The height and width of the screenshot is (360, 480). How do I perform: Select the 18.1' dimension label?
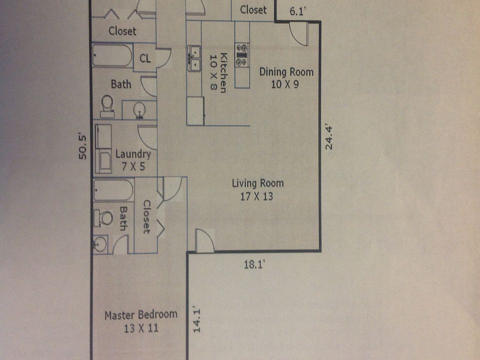click(x=254, y=264)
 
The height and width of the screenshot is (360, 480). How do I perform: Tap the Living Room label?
click(x=257, y=183)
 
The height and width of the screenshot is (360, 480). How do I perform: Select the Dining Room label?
click(x=286, y=72)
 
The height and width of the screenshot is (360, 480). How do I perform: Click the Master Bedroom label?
click(x=140, y=315)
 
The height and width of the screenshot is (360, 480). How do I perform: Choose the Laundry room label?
click(x=132, y=154)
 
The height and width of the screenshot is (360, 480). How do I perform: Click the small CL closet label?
click(x=145, y=58)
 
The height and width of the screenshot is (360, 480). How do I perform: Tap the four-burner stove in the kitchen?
click(x=242, y=54)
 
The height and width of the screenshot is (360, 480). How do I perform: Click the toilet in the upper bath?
click(x=107, y=105)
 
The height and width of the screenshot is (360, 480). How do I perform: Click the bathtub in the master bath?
click(x=113, y=190)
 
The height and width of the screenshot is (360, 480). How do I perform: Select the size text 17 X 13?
click(x=256, y=196)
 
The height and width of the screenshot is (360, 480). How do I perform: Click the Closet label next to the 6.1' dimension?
click(x=253, y=9)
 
